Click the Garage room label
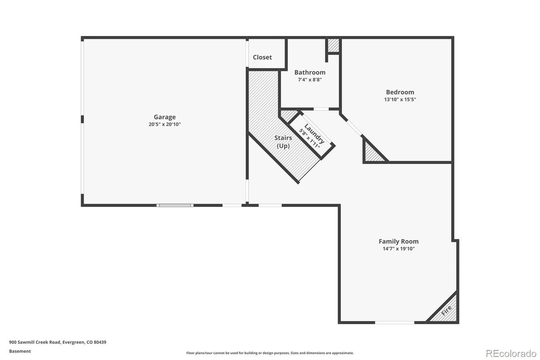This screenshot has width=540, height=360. coord(165,117)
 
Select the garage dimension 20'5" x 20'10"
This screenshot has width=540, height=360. coord(165,124)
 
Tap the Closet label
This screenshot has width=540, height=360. coord(262,57)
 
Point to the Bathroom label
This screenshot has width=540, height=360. coord(310,72)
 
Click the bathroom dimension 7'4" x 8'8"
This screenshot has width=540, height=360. coord(310,80)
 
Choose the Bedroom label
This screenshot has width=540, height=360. coord(400,92)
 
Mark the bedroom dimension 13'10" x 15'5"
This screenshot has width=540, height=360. coord(400,99)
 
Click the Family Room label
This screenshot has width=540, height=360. coord(399,241)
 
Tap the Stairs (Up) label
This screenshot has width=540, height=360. coord(283,142)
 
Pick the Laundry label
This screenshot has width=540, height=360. coord(315,133)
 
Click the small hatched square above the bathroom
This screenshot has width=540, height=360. coord(333,45)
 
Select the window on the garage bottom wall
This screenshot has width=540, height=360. coord(175,205)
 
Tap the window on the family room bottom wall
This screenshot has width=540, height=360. coord(394,322)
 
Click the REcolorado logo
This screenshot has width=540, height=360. coord(510,353)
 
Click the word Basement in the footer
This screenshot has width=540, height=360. coord(20,351)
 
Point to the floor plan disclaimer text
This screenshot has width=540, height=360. coord(270,353)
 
